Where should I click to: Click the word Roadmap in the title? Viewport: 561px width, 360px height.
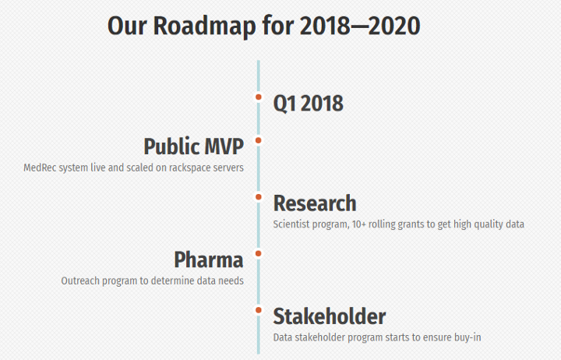(x=205, y=26)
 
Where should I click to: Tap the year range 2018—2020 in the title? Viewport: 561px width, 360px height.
(x=360, y=26)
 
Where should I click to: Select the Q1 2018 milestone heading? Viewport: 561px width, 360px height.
(x=308, y=104)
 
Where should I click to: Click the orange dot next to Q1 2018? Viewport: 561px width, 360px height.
(x=259, y=97)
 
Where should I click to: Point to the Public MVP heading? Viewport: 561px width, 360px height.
(x=193, y=146)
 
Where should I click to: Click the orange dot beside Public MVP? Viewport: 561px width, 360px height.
(x=259, y=140)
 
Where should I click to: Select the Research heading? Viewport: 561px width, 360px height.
(x=315, y=203)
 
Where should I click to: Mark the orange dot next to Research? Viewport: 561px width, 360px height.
(x=259, y=197)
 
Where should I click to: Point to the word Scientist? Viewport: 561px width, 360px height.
(x=291, y=224)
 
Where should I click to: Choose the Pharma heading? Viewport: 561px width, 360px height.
(x=209, y=259)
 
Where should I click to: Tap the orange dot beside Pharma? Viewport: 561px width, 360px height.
(x=259, y=254)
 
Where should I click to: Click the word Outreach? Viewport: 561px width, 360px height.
(x=80, y=281)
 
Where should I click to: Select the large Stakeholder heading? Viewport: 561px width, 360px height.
(x=330, y=316)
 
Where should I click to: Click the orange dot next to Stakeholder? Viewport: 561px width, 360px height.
(x=259, y=310)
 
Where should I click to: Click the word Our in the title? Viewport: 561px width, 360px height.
(x=127, y=26)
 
